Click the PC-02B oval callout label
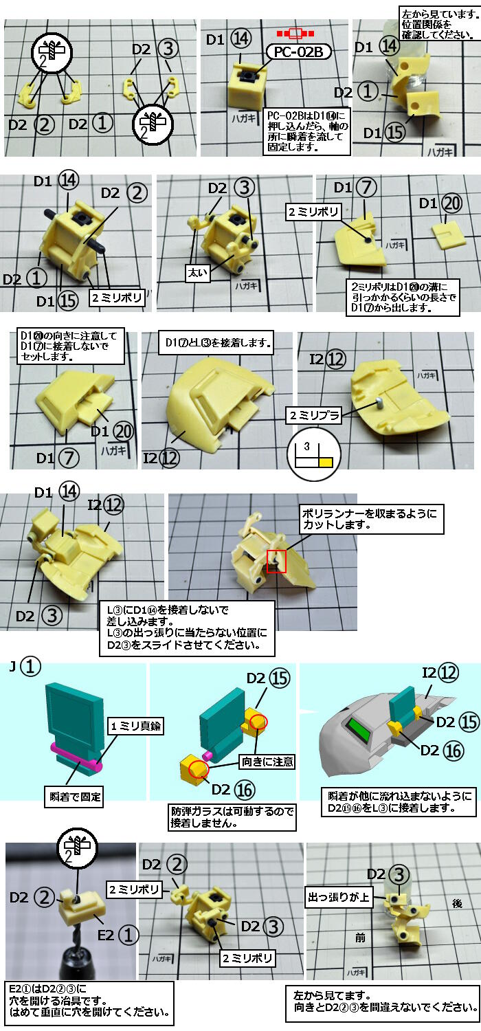[298, 53]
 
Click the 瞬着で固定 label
[73, 797]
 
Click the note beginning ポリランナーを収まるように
[371, 520]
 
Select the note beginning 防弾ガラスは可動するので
[233, 817]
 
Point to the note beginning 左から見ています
[438, 25]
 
